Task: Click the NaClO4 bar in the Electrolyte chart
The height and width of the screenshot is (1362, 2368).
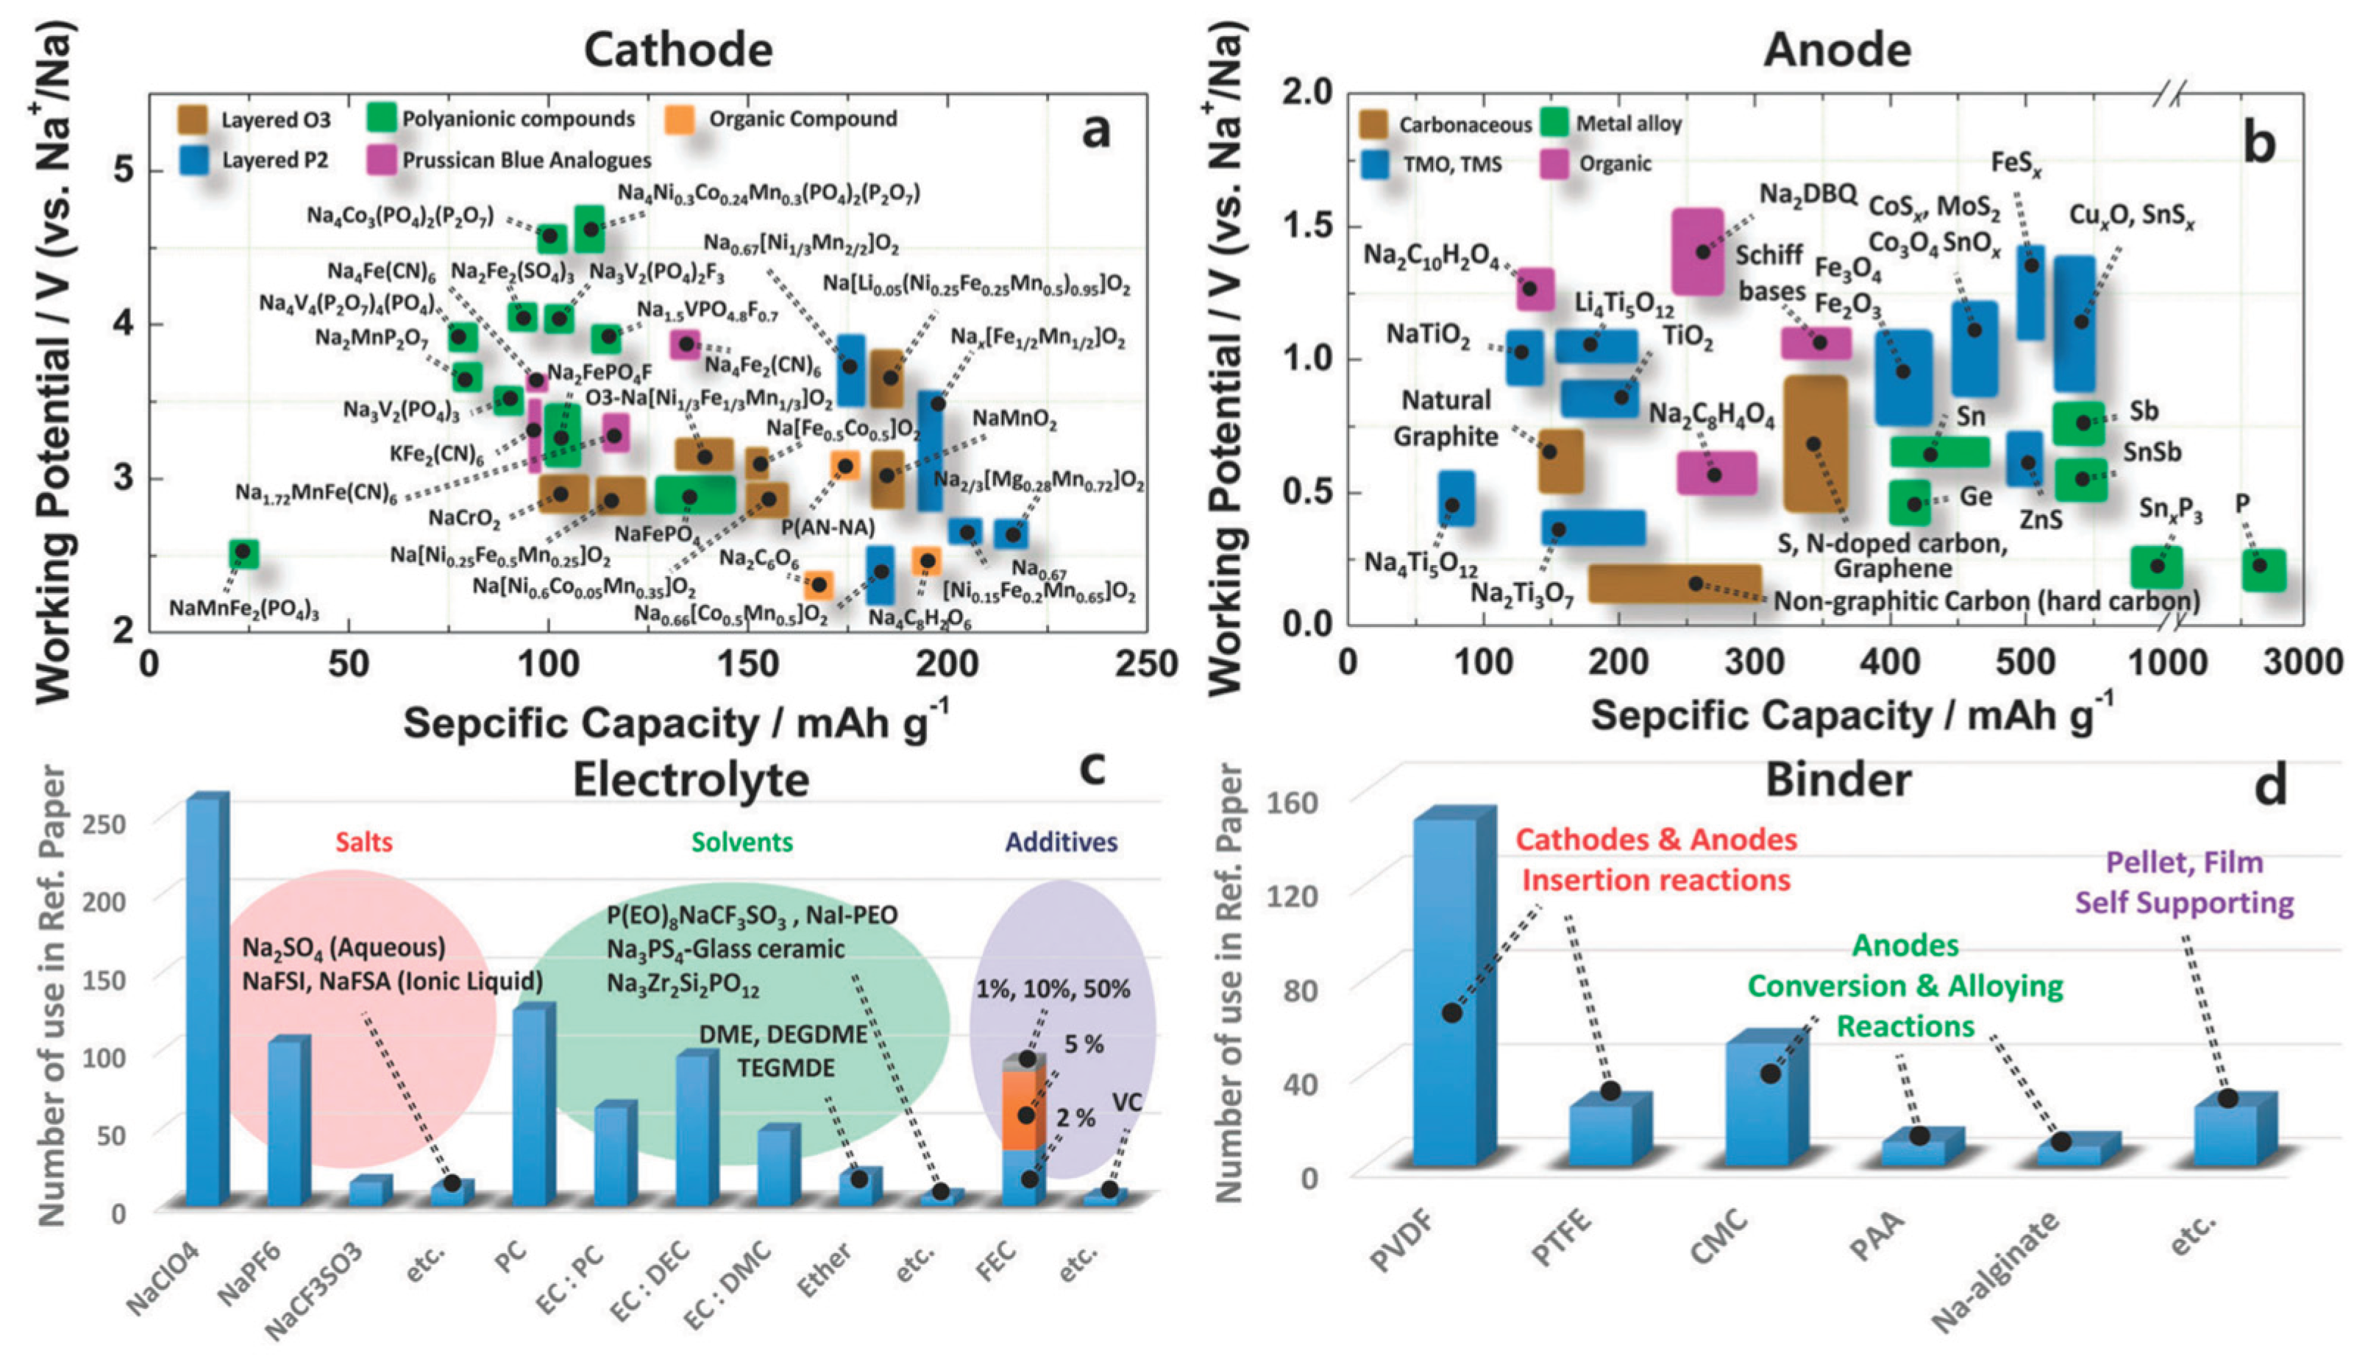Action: coord(206,1001)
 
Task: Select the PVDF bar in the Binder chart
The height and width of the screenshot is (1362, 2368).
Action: coord(1446,992)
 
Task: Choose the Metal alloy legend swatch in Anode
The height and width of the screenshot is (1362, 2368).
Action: coord(1554,123)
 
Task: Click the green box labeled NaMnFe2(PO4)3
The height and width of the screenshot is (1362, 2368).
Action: coord(244,553)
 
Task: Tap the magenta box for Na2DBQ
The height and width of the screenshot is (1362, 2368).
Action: coord(1696,251)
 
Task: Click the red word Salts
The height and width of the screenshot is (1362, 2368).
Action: coord(364,841)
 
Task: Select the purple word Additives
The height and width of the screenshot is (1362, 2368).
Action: coord(1061,841)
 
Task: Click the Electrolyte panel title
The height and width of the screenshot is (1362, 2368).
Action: coord(690,778)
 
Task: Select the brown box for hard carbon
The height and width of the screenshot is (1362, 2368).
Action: coord(1674,583)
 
